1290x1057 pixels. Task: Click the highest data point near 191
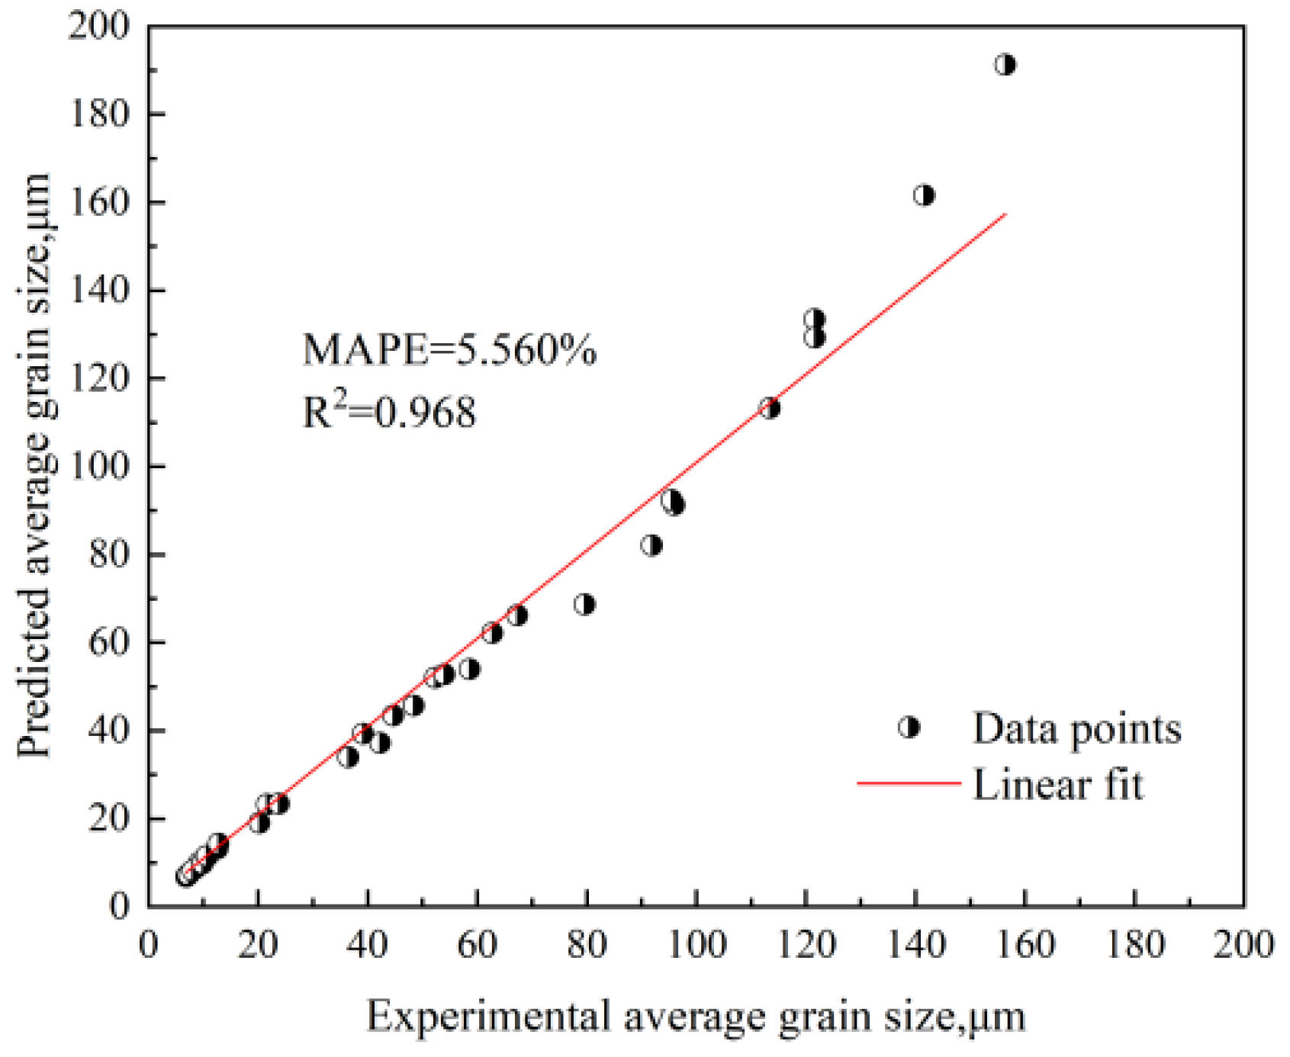[x=1005, y=65]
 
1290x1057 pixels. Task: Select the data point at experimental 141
[x=923, y=195]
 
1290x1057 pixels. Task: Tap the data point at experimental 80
[x=584, y=605]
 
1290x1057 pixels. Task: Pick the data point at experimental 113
[x=770, y=409]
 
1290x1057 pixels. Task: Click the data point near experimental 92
[x=651, y=545]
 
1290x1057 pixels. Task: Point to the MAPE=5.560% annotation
[x=449, y=350]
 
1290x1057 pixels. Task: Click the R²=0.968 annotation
[x=389, y=412]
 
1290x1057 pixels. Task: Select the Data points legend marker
[x=909, y=728]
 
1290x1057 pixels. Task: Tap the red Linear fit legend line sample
[x=908, y=783]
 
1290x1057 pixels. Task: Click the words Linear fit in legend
[x=1058, y=785]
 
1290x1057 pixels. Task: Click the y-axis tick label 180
[x=99, y=114]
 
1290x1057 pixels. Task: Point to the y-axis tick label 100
[x=99, y=466]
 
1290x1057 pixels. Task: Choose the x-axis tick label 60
[x=477, y=945]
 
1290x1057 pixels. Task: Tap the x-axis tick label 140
[x=915, y=945]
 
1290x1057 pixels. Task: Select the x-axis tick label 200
[x=1243, y=945]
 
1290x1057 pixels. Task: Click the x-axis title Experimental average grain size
[x=696, y=1017]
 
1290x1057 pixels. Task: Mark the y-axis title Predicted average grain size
[x=34, y=465]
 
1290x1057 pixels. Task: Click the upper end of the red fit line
[x=1005, y=215]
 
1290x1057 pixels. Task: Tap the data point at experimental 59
[x=469, y=669]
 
